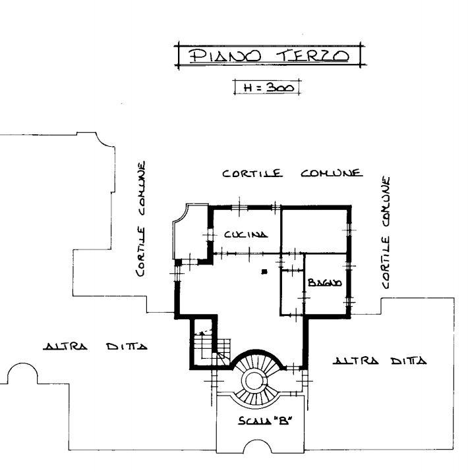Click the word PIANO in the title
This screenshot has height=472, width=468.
click(x=225, y=56)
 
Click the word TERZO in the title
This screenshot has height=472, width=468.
click(x=312, y=56)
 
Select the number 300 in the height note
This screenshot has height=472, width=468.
click(x=280, y=88)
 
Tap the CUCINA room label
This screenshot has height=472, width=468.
click(x=246, y=234)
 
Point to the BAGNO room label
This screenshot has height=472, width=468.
click(x=325, y=282)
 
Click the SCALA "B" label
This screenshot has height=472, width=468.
click(x=264, y=420)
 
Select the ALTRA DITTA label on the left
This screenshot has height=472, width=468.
click(x=95, y=346)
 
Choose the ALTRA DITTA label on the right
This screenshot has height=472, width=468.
click(x=380, y=360)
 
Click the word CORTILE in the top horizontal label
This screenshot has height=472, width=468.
click(x=252, y=173)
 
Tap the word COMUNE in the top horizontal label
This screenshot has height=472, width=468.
click(x=332, y=173)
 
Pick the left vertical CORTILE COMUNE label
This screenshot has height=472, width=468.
click(x=141, y=219)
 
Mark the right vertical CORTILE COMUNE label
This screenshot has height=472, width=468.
click(x=386, y=232)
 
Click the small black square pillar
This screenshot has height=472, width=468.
click(x=264, y=272)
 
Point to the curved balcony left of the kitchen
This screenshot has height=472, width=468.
click(x=190, y=231)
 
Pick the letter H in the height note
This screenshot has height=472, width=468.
click(x=249, y=88)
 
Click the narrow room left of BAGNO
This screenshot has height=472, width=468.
click(x=292, y=292)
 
